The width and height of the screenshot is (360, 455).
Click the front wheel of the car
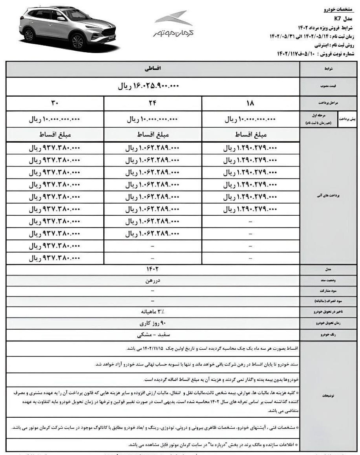pyautogui.click(x=78, y=41)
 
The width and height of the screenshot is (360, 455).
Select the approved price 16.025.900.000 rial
pyautogui.click(x=149, y=86)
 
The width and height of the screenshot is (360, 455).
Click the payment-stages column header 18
pyautogui.click(x=250, y=103)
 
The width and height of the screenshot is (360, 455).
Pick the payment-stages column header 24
pyautogui.click(x=152, y=103)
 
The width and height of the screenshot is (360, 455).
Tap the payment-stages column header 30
pyautogui.click(x=55, y=103)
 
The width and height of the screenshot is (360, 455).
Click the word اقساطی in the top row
pyautogui.click(x=153, y=68)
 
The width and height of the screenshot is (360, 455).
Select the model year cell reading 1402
pyautogui.click(x=152, y=270)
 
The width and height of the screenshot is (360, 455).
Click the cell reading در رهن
pyautogui.click(x=152, y=281)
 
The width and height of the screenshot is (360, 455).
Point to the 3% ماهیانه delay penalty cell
pyautogui.click(x=152, y=312)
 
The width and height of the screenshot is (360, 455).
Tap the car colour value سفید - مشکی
pyautogui.click(x=152, y=335)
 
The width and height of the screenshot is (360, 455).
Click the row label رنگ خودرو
pyautogui.click(x=329, y=335)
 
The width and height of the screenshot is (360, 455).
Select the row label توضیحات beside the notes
pyautogui.click(x=329, y=396)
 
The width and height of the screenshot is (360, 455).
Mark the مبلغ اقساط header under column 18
pyautogui.click(x=250, y=135)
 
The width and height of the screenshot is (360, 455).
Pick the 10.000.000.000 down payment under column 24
pyautogui.click(x=152, y=119)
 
